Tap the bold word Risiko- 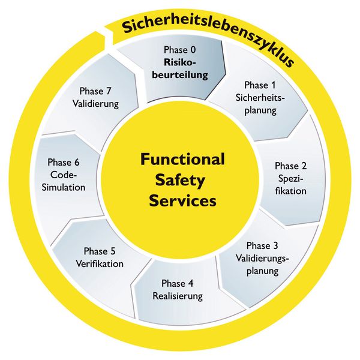coord(180,63)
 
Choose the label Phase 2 coord(290,166)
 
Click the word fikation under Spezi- coord(292,191)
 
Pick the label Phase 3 coord(262,246)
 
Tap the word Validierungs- coord(262,258)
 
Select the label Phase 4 coord(178,283)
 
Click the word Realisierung coord(178,296)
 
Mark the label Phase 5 coord(100,251)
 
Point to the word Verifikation coord(100,263)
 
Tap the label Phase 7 coord(97,91)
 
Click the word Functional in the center coord(182,160)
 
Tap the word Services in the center coord(182,201)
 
